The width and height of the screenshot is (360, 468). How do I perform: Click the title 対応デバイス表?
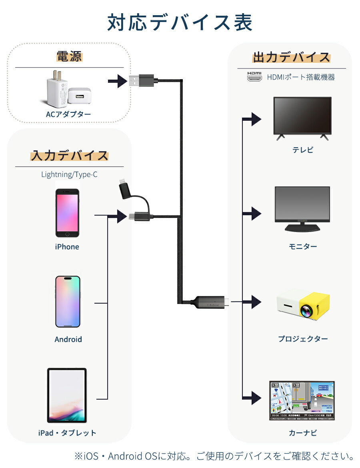(180, 23)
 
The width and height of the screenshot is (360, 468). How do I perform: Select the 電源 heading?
(69, 56)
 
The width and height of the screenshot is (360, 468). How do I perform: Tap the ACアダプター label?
(68, 114)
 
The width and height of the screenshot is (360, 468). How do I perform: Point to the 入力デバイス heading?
(70, 156)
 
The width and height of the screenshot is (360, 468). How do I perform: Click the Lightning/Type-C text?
(69, 175)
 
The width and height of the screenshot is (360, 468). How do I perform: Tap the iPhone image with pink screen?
(67, 213)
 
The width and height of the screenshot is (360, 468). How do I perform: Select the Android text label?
(68, 340)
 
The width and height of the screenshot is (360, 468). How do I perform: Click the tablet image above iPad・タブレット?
(67, 396)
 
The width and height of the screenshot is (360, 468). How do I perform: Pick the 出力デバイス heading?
(291, 57)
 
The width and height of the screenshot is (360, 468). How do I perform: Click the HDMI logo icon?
(254, 77)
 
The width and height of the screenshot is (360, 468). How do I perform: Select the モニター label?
(303, 247)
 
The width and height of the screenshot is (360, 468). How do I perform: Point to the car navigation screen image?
(302, 400)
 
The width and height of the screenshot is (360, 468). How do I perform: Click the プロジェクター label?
(303, 339)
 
